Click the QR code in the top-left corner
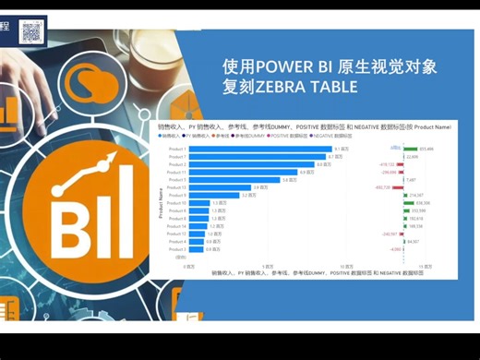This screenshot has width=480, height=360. pyautogui.click(x=31, y=30)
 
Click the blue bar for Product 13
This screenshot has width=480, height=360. pyautogui.click(x=222, y=187)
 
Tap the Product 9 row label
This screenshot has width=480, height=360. pyautogui.click(x=177, y=196)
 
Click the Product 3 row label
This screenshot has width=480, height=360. pyautogui.click(x=177, y=249)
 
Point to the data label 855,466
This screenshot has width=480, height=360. pyautogui.click(x=426, y=149)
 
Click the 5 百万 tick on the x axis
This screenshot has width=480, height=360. pyautogui.click(x=267, y=265)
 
